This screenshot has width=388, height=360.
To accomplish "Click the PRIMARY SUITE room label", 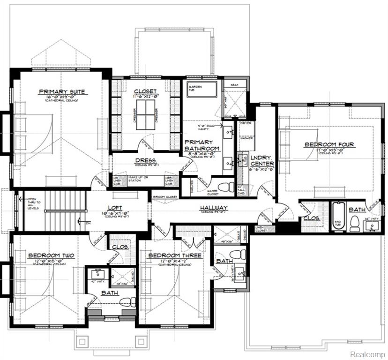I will coord(62,91).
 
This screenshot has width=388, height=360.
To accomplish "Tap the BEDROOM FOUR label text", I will coord(329,145).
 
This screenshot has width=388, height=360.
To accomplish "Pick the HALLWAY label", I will coord(213,208).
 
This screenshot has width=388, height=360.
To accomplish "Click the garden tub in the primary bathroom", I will coord(202,90).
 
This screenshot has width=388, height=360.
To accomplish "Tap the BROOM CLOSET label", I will coord(165,197).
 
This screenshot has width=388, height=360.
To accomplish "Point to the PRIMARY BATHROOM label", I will coord(199,145).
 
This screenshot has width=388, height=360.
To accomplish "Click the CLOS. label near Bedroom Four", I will coord(311,218).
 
